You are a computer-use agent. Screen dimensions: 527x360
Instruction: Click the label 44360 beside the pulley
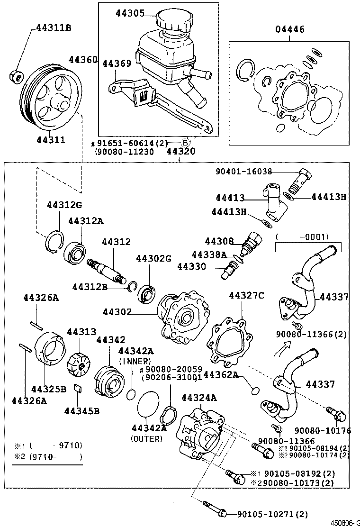tap(83, 60)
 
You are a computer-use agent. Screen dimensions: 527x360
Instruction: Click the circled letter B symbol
tap(186, 142)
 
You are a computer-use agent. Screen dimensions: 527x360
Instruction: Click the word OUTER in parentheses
tap(146, 439)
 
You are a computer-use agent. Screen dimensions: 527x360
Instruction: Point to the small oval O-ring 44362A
tap(255, 390)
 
